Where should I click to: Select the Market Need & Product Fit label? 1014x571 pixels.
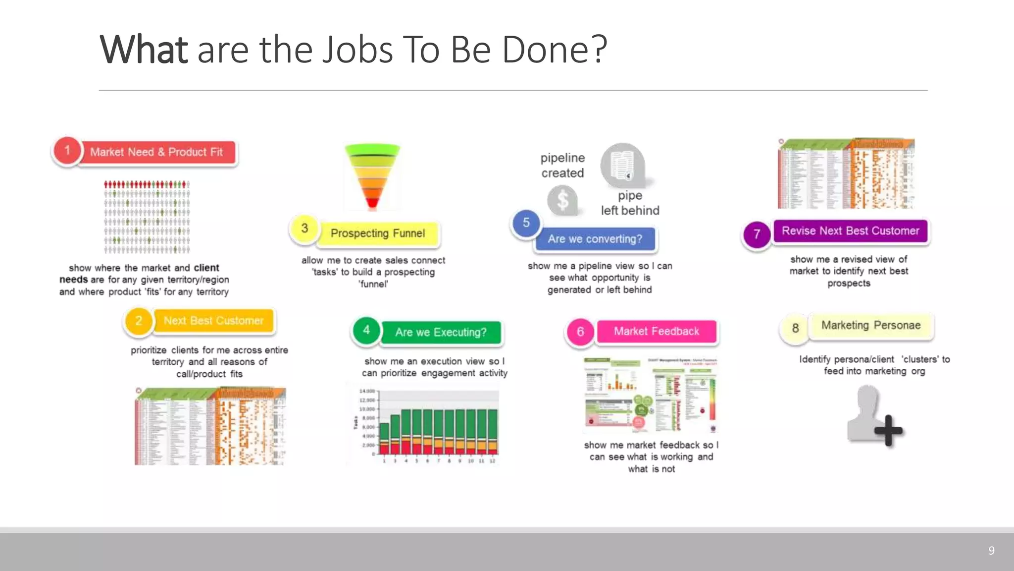tap(156, 152)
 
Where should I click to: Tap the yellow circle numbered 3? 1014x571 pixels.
tap(304, 228)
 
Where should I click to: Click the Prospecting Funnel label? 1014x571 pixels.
tap(378, 233)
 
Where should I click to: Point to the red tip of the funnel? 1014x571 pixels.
tap(373, 203)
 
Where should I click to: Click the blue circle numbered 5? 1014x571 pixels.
tap(526, 223)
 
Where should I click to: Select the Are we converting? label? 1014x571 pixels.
tap(595, 239)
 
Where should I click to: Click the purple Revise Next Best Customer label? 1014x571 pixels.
tap(850, 231)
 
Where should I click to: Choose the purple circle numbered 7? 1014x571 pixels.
tap(757, 234)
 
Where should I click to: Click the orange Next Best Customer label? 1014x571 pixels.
tap(213, 321)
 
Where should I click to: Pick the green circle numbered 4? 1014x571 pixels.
tap(366, 330)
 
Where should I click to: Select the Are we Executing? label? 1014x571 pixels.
tap(441, 333)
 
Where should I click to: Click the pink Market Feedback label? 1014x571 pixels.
tap(657, 332)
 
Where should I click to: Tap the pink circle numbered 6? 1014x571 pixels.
tap(580, 332)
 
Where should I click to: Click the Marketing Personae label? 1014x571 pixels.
tap(871, 326)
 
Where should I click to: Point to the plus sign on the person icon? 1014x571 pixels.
tap(888, 430)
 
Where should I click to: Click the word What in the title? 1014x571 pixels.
tap(144, 50)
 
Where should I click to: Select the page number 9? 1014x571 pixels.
tap(991, 551)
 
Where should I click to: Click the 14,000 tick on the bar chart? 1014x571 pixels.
tap(367, 391)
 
